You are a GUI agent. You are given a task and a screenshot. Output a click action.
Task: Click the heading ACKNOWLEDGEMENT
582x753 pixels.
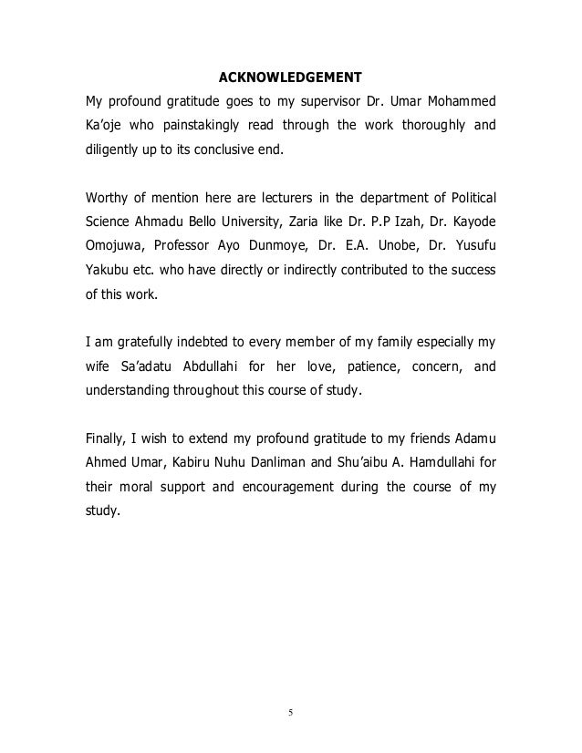tap(291, 75)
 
